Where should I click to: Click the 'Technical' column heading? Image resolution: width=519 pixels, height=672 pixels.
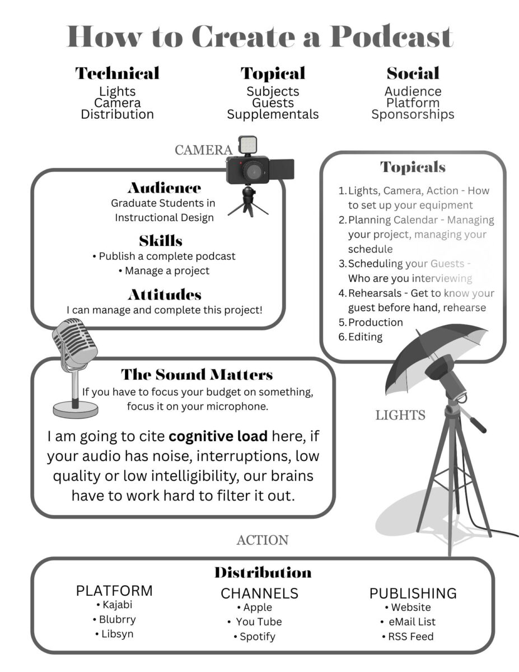117,73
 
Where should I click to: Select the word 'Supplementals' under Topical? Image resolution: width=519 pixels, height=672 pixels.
273,115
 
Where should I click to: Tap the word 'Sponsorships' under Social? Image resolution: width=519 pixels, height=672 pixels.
413,115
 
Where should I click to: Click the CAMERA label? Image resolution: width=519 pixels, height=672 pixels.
203,150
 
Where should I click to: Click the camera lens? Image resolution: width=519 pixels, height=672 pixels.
253,170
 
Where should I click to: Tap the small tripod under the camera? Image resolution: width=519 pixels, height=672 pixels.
248,200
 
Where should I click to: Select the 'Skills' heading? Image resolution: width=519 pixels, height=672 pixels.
161,241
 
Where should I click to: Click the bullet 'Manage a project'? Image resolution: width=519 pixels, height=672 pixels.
164,271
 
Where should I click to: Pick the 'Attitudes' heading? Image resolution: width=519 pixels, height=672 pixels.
165,295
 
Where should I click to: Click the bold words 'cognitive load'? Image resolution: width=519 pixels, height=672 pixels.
218,436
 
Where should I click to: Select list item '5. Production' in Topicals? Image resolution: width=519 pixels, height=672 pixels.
371,323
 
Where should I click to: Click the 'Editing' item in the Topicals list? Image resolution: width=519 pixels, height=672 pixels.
366,337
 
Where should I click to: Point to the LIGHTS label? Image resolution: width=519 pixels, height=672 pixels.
400,415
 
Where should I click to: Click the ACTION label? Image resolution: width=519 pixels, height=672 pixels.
263,540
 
